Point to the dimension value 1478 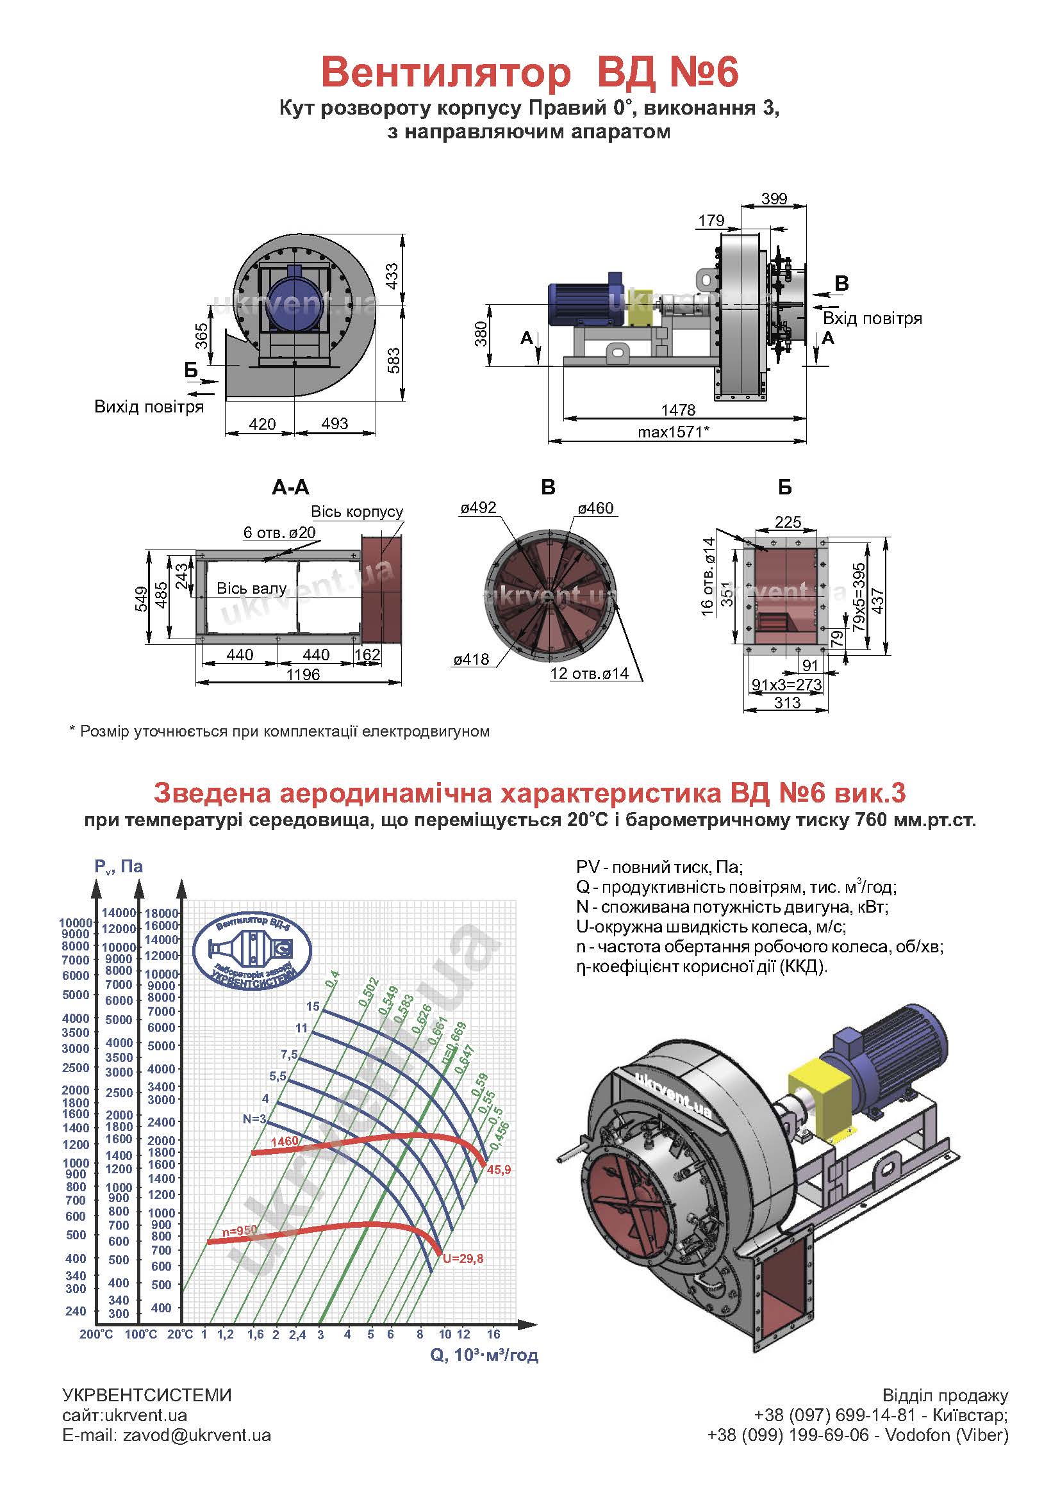tap(678, 410)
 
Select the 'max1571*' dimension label tap(674, 431)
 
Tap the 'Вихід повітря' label tap(149, 407)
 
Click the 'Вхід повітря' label tap(872, 318)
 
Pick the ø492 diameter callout tap(478, 508)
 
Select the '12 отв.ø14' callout tap(590, 673)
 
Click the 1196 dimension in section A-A tap(303, 674)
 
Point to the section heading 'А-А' tap(290, 487)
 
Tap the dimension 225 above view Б tap(788, 522)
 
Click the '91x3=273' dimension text tap(787, 685)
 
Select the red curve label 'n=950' tap(240, 1230)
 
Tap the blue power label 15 tap(313, 1006)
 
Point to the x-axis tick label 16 tap(493, 1334)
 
